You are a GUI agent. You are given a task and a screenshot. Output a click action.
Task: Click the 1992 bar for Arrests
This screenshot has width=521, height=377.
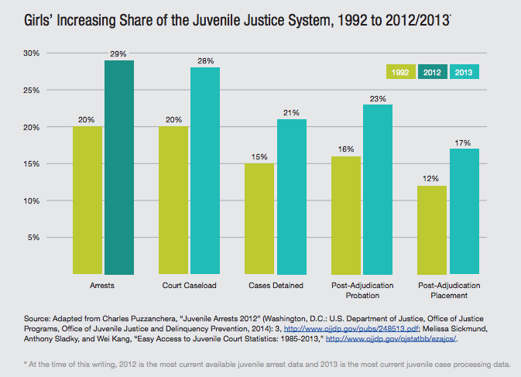[87, 200]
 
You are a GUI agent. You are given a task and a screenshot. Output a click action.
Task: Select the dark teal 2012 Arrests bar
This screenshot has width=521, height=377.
[119, 167]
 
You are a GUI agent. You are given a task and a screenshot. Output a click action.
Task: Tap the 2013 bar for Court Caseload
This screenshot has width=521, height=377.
[205, 170]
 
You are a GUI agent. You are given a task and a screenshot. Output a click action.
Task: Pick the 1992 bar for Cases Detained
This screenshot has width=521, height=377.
[260, 218]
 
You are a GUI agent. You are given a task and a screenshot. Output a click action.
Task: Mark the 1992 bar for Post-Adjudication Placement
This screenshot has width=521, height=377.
[432, 229]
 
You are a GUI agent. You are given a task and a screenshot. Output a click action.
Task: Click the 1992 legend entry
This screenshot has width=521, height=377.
[400, 72]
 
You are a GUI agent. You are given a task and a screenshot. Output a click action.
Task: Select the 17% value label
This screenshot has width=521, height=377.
[464, 142]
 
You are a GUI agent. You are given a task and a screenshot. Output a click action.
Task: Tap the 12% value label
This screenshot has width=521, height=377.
[432, 179]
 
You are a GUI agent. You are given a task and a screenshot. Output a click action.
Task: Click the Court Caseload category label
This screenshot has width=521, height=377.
[189, 286]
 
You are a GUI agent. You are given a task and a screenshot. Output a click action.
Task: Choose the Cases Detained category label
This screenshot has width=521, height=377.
[276, 286]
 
